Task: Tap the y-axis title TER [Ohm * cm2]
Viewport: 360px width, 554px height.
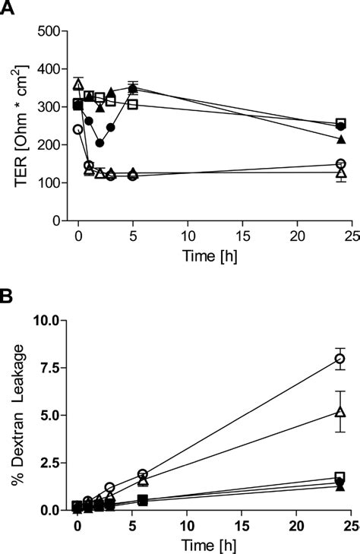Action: [x=14, y=125]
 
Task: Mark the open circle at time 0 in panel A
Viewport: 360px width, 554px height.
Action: [x=77, y=130]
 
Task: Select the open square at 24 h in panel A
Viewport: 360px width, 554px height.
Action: [x=341, y=123]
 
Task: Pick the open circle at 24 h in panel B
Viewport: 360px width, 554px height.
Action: [x=341, y=359]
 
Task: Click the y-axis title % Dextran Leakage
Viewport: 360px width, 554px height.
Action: [x=14, y=414]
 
